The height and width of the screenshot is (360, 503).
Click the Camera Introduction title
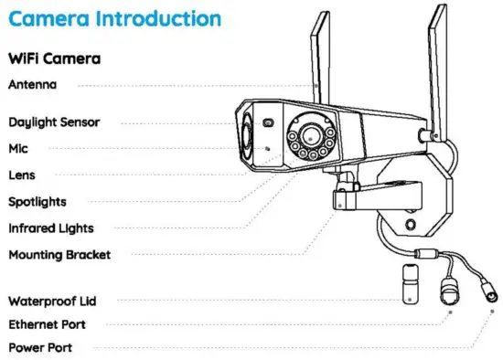click(115, 18)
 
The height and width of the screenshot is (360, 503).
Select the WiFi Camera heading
click(54, 58)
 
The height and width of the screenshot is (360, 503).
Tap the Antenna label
click(32, 84)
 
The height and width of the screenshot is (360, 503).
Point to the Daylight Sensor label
click(54, 122)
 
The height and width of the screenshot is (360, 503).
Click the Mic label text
click(18, 148)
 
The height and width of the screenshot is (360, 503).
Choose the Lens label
click(21, 175)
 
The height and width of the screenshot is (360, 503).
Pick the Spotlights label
click(37, 201)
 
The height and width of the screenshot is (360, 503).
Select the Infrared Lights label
click(50, 228)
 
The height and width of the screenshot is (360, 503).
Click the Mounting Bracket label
click(59, 254)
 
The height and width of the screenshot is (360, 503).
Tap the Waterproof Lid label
click(52, 300)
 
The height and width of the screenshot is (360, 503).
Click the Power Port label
click(40, 347)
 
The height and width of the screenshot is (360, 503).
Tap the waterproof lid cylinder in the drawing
click(412, 282)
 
